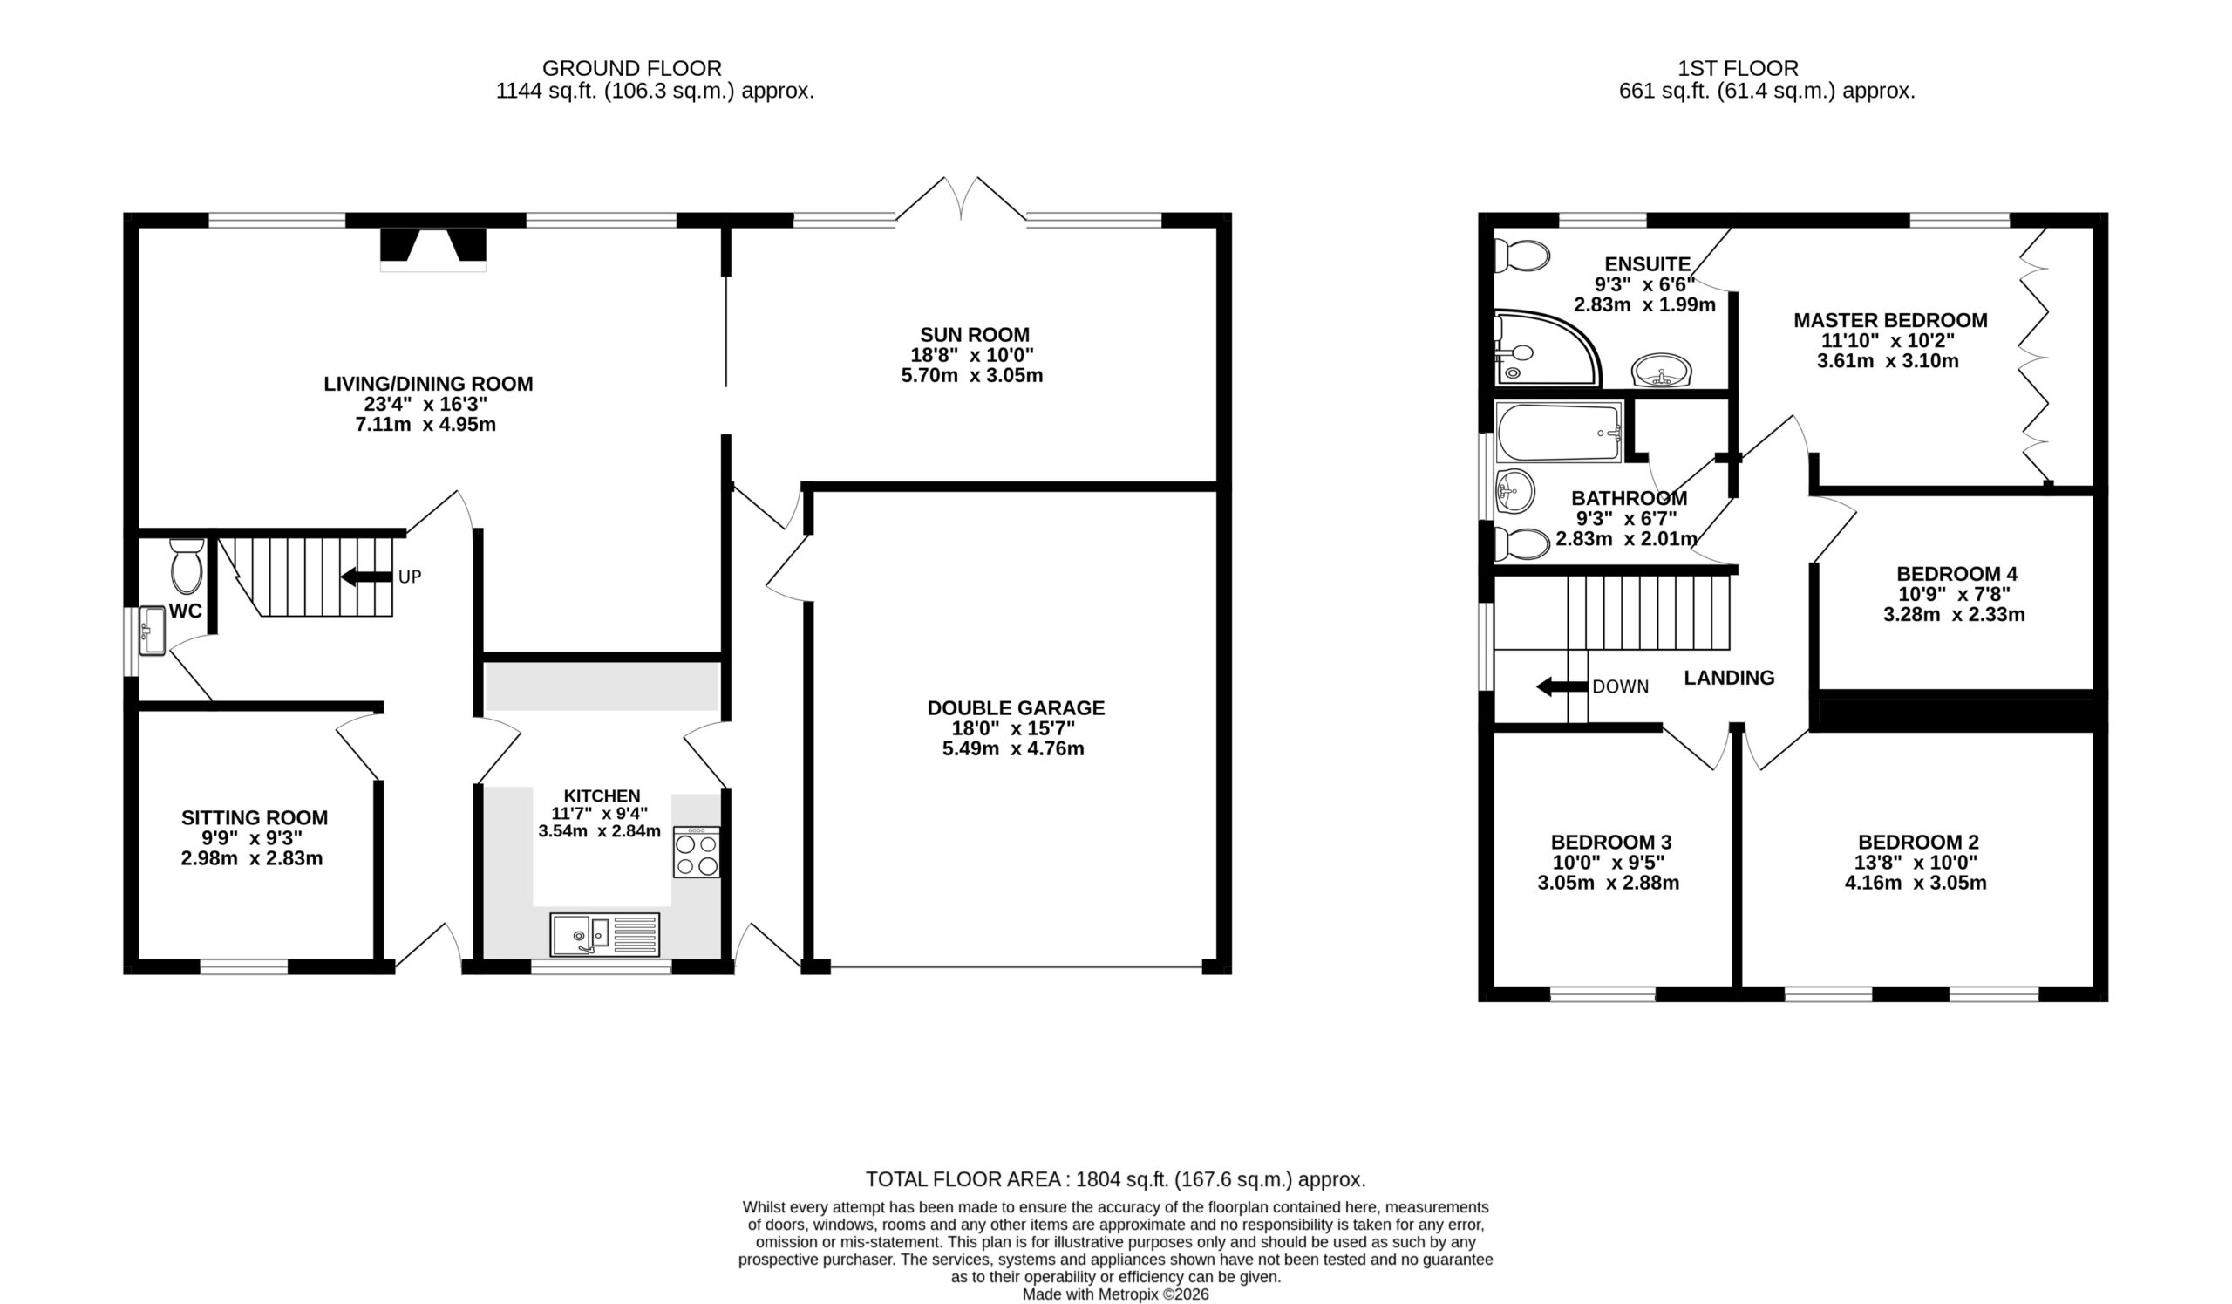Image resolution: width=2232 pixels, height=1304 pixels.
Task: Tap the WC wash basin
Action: (153, 631)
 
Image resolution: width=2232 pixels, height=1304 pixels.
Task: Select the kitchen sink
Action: (605, 934)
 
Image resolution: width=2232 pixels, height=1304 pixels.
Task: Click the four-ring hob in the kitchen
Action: (696, 852)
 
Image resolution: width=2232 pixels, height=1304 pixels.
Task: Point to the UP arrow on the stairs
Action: (367, 577)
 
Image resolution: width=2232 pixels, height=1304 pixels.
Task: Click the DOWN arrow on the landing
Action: (1562, 686)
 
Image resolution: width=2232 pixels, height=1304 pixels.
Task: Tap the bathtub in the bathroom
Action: (1559, 433)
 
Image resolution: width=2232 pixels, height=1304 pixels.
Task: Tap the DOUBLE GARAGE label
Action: (1016, 707)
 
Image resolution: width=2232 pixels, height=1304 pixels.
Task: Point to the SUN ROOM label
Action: (974, 335)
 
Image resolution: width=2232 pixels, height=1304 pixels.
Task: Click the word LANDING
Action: (1729, 678)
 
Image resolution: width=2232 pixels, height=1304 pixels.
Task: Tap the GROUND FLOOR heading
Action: (631, 68)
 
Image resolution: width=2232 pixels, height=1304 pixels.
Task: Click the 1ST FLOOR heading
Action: (1738, 68)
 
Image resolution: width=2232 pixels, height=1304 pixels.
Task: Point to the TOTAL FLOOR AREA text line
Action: (1115, 1179)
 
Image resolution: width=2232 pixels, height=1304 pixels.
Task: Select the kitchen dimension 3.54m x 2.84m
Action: (600, 832)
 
